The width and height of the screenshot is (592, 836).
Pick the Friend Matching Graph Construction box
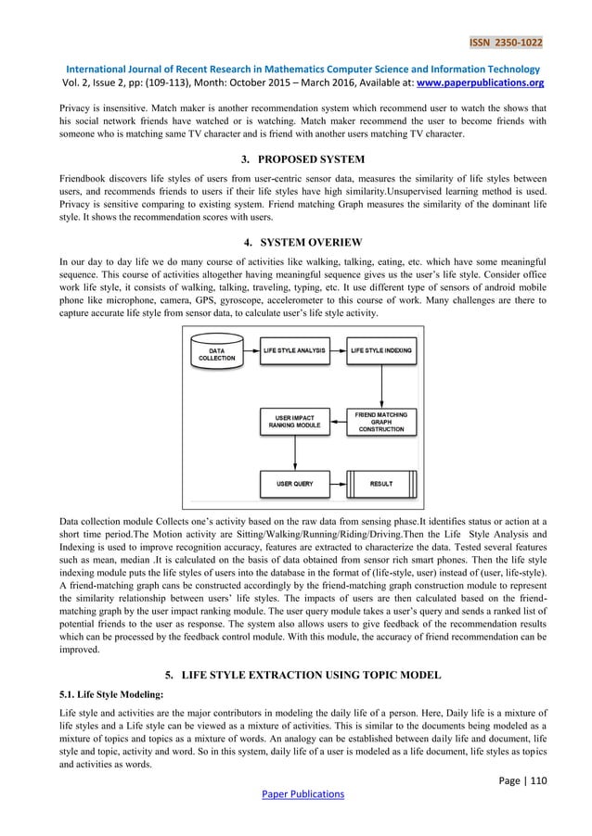point(379,422)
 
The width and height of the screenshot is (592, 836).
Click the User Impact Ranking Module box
point(294,423)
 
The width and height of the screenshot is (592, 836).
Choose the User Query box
point(294,484)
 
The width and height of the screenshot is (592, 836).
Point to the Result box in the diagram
point(380,484)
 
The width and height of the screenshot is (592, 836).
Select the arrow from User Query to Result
point(336,484)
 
